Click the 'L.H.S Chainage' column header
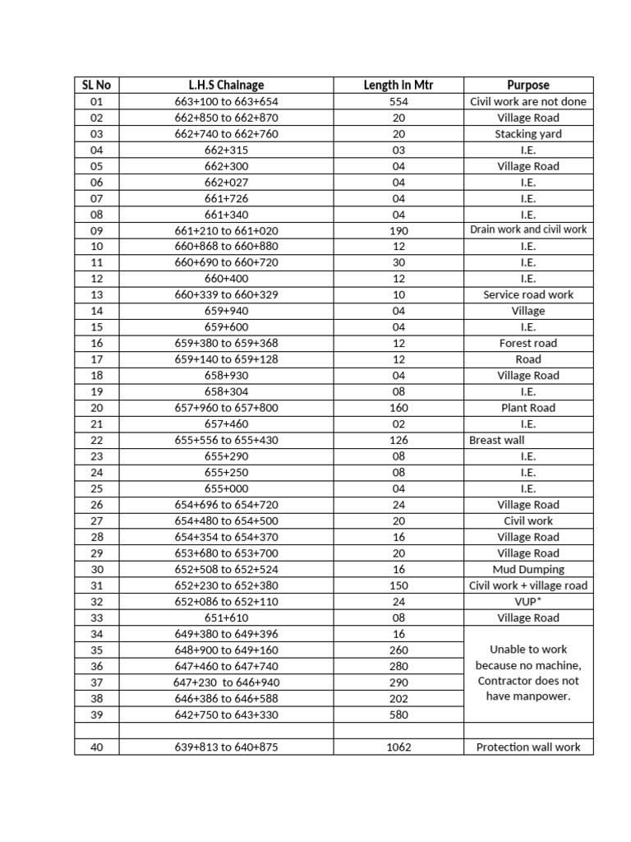(226, 85)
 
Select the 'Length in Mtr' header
(398, 85)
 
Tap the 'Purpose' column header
(528, 85)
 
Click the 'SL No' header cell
(96, 85)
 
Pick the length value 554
(398, 102)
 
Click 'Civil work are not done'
(528, 102)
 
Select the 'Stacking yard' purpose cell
(528, 134)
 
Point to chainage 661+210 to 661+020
(226, 230)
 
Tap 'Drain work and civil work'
(528, 230)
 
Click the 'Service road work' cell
(528, 294)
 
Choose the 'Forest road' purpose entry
(528, 343)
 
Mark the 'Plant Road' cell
(528, 408)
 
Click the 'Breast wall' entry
(497, 440)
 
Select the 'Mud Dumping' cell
(528, 569)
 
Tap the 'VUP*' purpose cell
(528, 601)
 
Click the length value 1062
(398, 747)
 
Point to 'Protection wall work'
(528, 747)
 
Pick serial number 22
(96, 440)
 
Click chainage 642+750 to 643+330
(226, 715)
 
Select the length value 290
(398, 682)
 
